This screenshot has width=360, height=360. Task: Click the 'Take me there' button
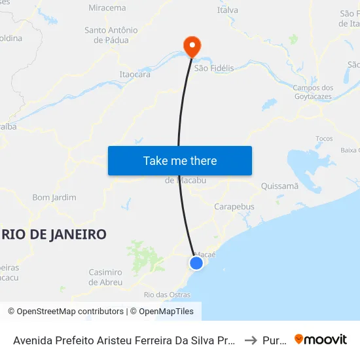point(180,160)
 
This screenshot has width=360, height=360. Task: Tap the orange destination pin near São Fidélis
point(192,46)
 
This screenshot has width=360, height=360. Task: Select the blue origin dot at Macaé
point(196,262)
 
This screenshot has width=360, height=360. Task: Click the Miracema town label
point(107,8)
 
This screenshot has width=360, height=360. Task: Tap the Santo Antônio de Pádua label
point(111,35)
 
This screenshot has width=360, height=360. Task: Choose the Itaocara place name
point(135,75)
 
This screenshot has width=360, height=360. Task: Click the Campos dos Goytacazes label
point(313,92)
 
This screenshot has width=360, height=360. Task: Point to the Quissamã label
point(279,186)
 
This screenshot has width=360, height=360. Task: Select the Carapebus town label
point(234,207)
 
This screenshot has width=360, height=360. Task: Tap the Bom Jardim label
point(54,197)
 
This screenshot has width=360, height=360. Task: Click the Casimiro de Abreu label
point(105,277)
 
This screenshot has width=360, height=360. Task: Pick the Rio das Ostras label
point(168,295)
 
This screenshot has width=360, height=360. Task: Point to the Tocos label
point(324,139)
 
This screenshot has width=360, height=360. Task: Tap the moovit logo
point(321,339)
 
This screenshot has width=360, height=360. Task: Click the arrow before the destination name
point(250,340)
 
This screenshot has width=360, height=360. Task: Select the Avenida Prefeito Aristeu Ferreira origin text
point(124,340)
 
